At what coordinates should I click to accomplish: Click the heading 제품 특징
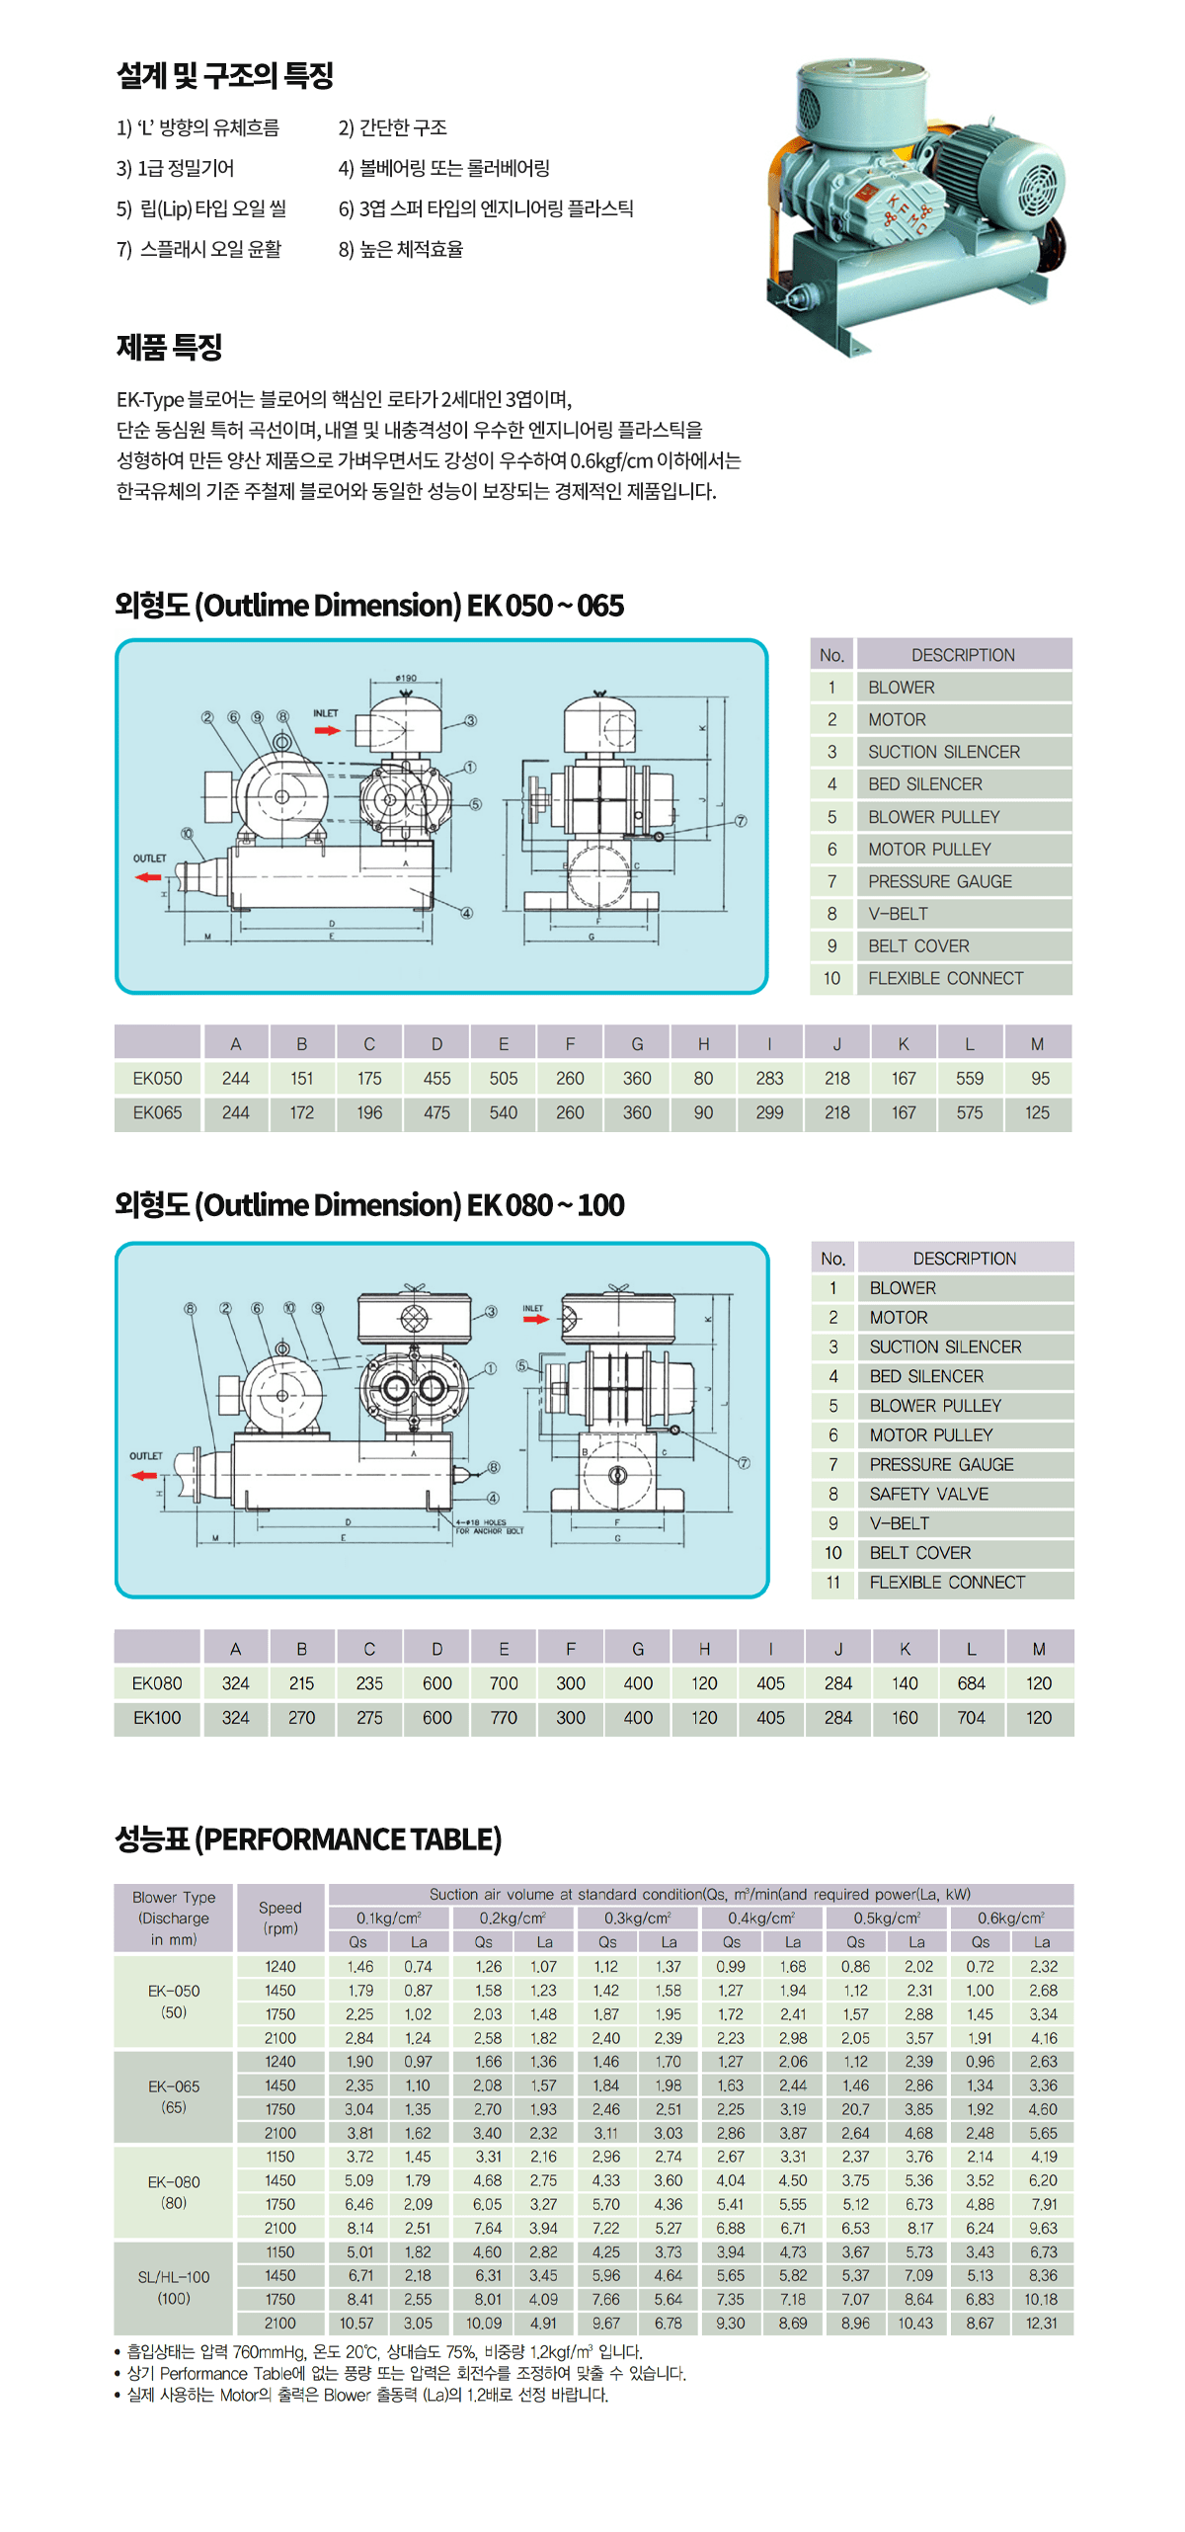[169, 347]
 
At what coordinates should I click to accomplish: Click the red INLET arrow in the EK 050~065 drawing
[327, 730]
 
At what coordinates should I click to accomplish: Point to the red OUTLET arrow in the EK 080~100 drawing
[144, 1475]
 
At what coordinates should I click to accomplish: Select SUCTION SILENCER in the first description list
[943, 752]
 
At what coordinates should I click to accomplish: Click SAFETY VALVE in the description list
[928, 1494]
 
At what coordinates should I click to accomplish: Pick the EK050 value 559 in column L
[969, 1078]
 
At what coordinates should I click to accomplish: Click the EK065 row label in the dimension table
[158, 1112]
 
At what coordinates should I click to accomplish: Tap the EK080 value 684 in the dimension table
[971, 1683]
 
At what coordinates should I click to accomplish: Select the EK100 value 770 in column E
[504, 1718]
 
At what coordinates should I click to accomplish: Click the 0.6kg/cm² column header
[1010, 1918]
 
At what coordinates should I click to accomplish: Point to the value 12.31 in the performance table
[1042, 2323]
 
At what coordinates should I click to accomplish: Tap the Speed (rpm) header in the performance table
[280, 1918]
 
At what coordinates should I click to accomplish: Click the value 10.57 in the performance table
[357, 2323]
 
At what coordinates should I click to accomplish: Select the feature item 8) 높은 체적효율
[401, 249]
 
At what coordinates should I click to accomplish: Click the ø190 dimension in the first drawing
[406, 678]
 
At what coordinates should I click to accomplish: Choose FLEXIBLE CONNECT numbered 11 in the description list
[946, 1583]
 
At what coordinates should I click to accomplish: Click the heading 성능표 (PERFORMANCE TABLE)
[308, 1838]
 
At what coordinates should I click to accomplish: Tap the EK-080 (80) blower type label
[174, 2192]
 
